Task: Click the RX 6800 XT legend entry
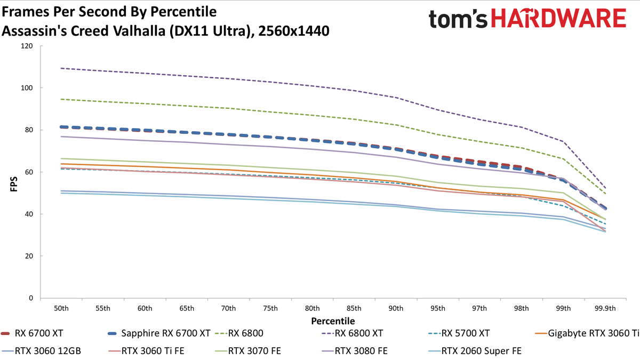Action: click(353, 333)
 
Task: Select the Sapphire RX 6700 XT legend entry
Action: click(159, 333)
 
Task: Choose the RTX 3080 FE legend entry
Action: click(355, 351)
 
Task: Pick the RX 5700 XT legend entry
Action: click(459, 333)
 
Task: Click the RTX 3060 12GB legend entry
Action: click(42, 351)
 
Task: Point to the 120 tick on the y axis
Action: click(27, 46)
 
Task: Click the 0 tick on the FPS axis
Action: click(31, 298)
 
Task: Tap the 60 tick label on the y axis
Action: click(29, 172)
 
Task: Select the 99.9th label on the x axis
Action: click(605, 309)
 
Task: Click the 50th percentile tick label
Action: click(61, 309)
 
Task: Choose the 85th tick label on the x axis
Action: click(354, 309)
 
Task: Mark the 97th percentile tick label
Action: click(479, 309)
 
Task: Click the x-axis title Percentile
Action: click(333, 321)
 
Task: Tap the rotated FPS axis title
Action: click(14, 184)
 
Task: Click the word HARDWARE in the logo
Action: click(558, 18)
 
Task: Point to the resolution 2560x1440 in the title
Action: click(294, 31)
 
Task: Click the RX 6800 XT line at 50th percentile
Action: click(61, 68)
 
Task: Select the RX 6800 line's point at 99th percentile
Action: click(563, 159)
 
